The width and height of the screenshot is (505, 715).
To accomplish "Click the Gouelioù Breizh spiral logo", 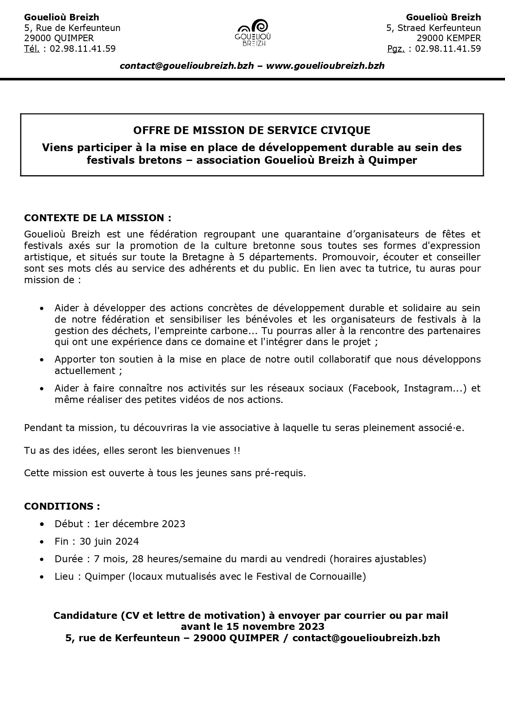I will point(255,32).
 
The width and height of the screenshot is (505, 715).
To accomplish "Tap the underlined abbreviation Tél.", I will point(32,49).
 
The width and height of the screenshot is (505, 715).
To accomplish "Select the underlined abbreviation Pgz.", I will point(396,49).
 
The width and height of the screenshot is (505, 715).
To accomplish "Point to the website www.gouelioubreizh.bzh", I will point(325,66).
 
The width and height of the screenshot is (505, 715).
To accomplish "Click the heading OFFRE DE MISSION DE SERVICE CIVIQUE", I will point(252,130).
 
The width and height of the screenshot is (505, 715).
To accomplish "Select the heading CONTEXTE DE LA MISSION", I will point(97,218).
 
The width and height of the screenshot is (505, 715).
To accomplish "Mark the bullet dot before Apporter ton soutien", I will point(42,360).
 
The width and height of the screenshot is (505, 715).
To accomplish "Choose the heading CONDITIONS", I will point(62,506).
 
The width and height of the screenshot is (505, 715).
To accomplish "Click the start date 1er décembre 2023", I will point(139,524).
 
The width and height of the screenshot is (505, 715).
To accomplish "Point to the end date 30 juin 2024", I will point(109,541).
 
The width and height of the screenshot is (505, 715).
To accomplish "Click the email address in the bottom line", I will point(366,638).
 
